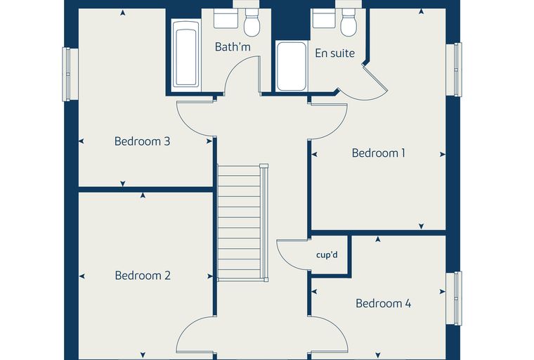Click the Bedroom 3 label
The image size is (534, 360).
tap(142, 141)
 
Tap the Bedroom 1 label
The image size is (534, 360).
tap(378, 153)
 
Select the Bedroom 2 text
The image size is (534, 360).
tap(143, 275)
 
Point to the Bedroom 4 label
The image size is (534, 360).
tap(383, 303)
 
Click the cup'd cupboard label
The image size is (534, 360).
tap(327, 255)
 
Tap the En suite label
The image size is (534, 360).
tap(334, 53)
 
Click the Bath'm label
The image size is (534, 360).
tap(233, 46)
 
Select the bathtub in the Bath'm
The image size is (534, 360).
tap(185, 54)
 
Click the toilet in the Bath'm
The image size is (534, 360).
tap(252, 22)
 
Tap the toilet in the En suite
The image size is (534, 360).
tap(349, 22)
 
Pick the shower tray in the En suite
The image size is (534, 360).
tap(291, 66)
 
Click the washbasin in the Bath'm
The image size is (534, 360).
tap(226, 18)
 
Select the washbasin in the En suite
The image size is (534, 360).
tap(324, 18)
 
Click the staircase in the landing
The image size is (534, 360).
tap(242, 222)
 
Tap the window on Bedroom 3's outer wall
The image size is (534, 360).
tap(66, 75)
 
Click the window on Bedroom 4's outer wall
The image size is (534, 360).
tap(457, 298)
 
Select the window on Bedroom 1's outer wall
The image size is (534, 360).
tap(457, 69)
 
